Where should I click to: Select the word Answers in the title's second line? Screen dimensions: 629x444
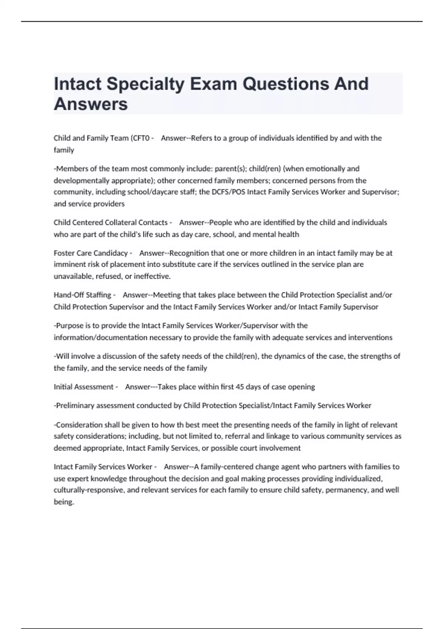[91, 104]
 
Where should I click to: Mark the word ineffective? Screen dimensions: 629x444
[152, 276]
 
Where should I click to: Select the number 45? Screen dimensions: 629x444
[240, 387]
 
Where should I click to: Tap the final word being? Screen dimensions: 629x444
[64, 502]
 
